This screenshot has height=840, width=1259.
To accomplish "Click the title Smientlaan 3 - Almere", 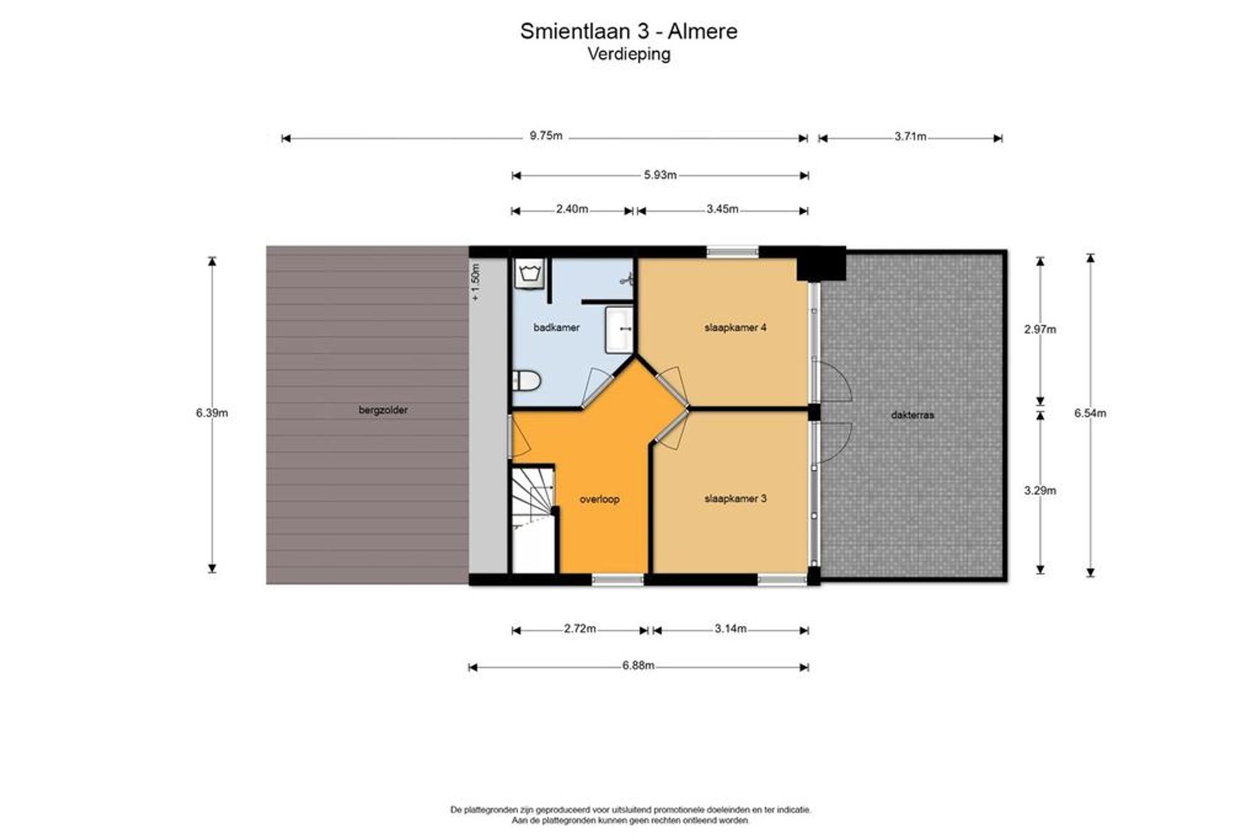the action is [629, 31].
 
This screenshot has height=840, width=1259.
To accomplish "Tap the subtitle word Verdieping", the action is [629, 54].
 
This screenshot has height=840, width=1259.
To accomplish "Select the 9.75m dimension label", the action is [546, 136].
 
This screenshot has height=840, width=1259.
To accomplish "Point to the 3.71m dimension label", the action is [910, 137].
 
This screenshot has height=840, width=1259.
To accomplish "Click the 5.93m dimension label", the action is [660, 175].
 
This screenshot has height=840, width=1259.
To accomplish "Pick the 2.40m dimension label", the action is [572, 209].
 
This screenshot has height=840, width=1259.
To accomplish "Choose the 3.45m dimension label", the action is [722, 209].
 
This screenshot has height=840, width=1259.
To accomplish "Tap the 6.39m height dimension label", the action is [212, 413].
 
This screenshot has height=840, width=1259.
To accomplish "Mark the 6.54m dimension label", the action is [1090, 413].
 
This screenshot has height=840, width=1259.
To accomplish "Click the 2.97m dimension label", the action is [1040, 329].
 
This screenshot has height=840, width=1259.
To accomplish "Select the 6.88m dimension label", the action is [638, 666].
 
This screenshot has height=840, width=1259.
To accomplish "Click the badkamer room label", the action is [557, 328].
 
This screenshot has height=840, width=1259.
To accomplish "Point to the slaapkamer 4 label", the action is [735, 328].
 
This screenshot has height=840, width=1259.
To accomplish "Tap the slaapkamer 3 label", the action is [735, 498].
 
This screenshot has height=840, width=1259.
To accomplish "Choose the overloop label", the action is [599, 499].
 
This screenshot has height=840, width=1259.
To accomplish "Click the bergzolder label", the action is [383, 410].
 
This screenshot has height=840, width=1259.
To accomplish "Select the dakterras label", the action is [912, 415].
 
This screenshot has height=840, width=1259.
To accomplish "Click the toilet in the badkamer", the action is [526, 381].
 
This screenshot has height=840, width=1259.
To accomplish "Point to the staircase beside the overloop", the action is [533, 519].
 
